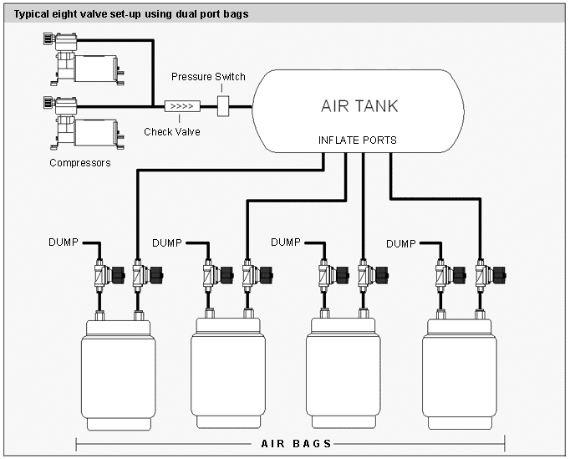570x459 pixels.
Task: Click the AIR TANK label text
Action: point(359,106)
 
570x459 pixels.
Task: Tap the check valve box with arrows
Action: point(182,106)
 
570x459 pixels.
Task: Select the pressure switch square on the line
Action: point(223,106)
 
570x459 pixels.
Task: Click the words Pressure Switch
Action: point(208,77)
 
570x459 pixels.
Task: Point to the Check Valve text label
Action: point(172,131)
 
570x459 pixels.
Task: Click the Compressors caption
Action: point(80,162)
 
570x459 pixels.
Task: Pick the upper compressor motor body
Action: point(95,69)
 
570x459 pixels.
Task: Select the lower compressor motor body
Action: point(95,133)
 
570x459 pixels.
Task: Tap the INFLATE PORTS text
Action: point(358,140)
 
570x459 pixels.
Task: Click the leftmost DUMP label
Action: point(64,242)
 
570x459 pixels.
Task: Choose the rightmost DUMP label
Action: point(401,243)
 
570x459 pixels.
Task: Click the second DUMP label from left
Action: point(167,243)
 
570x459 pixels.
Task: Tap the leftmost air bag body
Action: point(119,375)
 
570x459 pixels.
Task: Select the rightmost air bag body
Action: point(460,374)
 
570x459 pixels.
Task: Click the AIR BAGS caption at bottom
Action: point(296,444)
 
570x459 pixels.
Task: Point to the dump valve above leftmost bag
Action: point(109,275)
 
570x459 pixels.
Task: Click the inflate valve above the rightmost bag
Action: point(491,275)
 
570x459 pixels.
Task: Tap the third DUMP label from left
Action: point(286,242)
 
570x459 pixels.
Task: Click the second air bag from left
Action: point(228,373)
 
